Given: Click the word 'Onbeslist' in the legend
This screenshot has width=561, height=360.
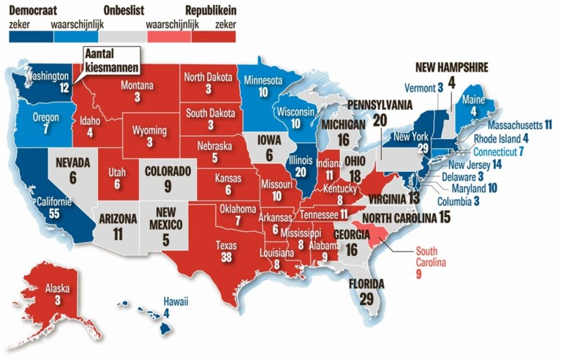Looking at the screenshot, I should click(x=121, y=10).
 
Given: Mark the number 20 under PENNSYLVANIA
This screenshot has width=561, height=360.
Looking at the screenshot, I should click(x=380, y=120).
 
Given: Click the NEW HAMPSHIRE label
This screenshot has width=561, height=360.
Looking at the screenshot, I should click(x=451, y=67).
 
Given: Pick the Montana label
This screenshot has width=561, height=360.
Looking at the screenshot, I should click(x=137, y=86).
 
